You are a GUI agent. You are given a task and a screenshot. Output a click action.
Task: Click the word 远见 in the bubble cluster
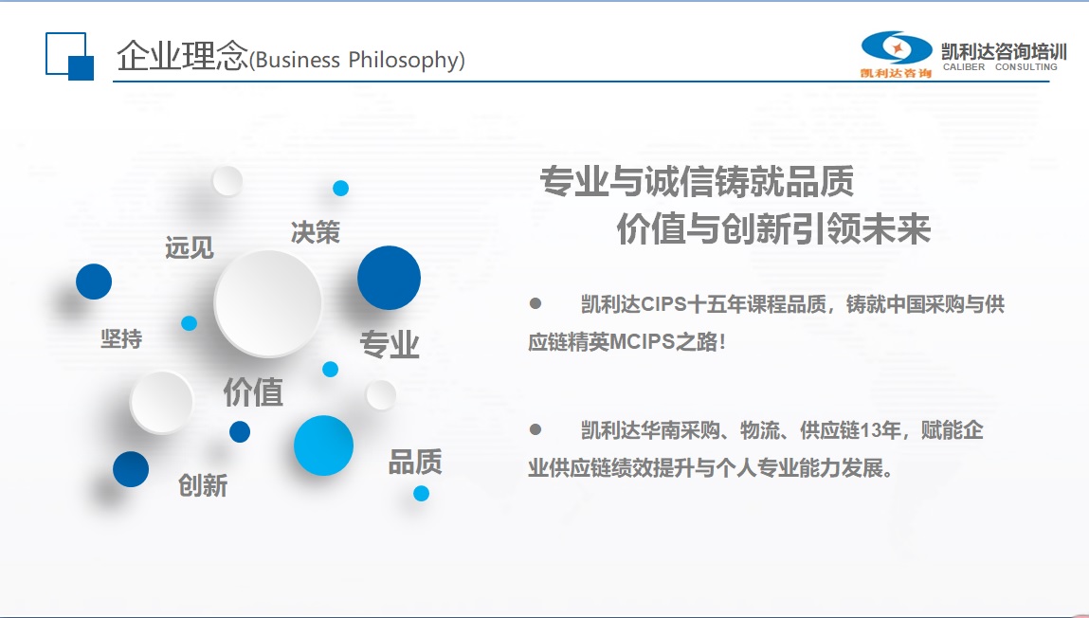point(190,248)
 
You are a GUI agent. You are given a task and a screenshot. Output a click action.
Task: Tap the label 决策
point(316,232)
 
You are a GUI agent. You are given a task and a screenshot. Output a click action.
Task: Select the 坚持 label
point(121,339)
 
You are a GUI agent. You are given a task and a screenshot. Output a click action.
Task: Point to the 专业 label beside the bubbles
point(390,344)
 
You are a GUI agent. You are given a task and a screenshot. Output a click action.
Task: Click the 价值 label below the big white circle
point(253,392)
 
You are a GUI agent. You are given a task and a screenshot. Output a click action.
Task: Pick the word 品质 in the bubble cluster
point(414,462)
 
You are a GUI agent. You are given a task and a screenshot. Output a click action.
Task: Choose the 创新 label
point(203,485)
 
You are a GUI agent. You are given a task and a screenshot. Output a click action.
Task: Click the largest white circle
point(268,303)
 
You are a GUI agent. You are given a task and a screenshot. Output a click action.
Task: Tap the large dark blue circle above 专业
point(389,278)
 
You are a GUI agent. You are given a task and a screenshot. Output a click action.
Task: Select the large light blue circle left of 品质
point(323,445)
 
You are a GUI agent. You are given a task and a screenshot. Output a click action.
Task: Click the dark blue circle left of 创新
point(131,469)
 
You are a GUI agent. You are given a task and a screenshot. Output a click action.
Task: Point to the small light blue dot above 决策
point(340,189)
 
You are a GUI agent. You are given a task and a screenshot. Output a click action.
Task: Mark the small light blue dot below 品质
point(421,493)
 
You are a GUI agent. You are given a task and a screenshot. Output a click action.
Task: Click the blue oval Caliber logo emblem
point(897,47)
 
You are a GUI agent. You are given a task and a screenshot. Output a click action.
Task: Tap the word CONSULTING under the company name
point(1025,67)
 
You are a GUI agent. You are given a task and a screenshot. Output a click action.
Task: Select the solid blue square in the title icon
point(82,68)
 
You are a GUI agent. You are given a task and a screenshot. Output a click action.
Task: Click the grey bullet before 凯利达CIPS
point(535,303)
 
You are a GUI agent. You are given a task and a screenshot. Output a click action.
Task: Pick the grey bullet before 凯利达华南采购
point(535,429)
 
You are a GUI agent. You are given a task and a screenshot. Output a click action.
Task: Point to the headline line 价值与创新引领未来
point(773,228)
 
